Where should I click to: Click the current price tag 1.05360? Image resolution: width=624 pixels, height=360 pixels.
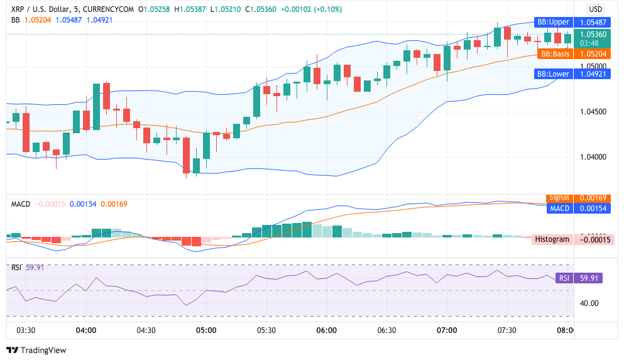pos(593,35)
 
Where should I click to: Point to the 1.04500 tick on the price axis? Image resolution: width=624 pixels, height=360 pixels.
pos(593,112)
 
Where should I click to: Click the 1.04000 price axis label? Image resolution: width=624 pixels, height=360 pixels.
pos(593,157)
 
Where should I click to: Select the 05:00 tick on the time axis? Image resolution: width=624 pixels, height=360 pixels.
pos(206,330)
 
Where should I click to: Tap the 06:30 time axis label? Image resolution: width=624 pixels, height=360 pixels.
pos(387,330)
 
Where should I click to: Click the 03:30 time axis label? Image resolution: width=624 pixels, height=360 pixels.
pos(25,330)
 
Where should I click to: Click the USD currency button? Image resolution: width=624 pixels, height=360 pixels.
pos(595,9)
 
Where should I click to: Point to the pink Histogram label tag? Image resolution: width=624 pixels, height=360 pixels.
pos(553,239)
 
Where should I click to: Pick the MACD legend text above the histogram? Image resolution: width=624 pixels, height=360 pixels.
pos(21,204)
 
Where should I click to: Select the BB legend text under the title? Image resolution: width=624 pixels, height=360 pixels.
pos(16,19)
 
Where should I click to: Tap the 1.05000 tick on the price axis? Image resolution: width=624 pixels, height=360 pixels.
pos(593,67)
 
